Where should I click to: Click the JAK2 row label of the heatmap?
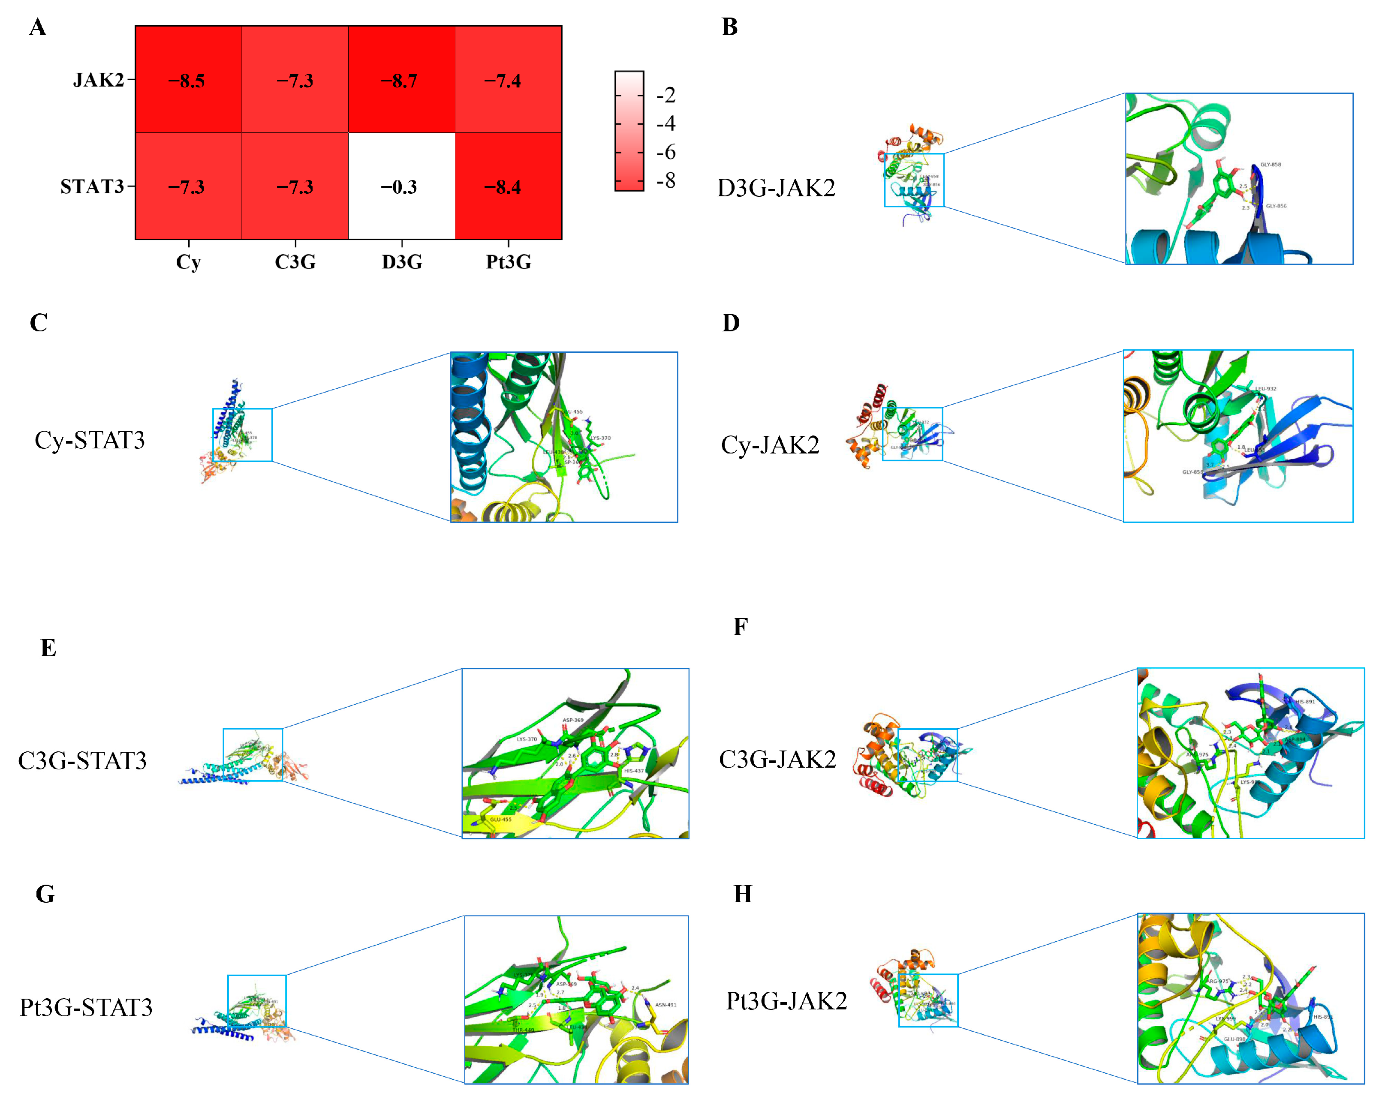(98, 80)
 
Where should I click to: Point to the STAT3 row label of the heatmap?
(92, 186)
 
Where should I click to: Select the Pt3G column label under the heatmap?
(508, 261)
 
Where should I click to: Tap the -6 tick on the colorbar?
(666, 152)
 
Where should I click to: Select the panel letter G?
(45, 894)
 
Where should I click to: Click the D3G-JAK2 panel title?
(776, 188)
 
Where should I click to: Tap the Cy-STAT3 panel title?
(90, 440)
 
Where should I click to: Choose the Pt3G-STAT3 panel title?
(86, 1007)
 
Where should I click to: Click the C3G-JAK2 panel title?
(777, 759)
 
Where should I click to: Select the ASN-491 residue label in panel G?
(665, 1005)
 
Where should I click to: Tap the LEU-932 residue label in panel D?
(1265, 388)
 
